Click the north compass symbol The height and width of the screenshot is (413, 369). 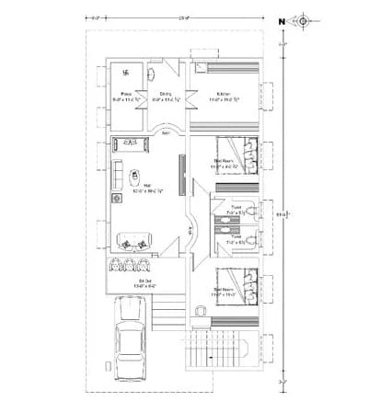(302, 18)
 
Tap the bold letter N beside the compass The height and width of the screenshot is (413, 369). (282, 19)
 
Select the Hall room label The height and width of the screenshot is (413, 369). (141, 189)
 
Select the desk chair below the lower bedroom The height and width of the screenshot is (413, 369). (202, 312)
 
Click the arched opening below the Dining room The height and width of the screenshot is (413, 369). (167, 129)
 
